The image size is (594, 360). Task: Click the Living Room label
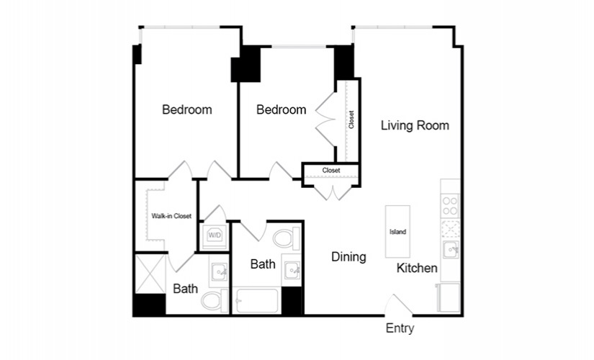(x=415, y=125)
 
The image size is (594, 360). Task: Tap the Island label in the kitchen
(x=397, y=232)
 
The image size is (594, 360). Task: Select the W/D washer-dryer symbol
(x=215, y=236)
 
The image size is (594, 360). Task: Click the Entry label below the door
(x=400, y=328)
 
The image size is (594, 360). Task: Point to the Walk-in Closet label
(x=171, y=216)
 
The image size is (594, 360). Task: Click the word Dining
(x=348, y=257)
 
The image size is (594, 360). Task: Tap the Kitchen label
(x=417, y=269)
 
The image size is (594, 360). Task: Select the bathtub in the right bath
(x=257, y=301)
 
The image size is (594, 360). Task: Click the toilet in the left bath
(x=215, y=301)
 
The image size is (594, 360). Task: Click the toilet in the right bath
(x=287, y=239)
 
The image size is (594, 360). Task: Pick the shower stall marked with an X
(x=150, y=274)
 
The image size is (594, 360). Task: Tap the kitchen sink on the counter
(x=451, y=250)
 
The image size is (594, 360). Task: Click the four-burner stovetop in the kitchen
(x=450, y=206)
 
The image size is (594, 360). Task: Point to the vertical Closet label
(x=351, y=120)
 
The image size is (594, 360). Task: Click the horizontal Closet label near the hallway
(x=331, y=171)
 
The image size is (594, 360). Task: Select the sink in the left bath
(x=220, y=271)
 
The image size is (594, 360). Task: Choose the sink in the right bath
(x=293, y=270)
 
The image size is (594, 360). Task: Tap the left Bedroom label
(x=186, y=110)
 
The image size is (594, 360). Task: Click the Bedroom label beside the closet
(x=281, y=110)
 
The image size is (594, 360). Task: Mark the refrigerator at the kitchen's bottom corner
(x=449, y=298)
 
